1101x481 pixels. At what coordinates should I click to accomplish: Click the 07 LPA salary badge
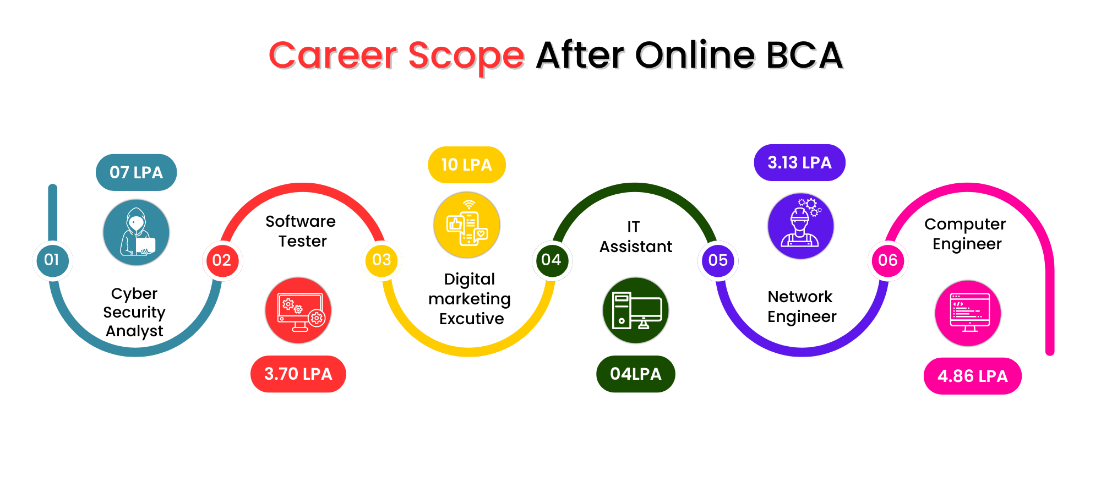[136, 172]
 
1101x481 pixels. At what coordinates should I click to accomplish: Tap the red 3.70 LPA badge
[298, 374]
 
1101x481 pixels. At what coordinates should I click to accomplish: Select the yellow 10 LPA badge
[467, 165]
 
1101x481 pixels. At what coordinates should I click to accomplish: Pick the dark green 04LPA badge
[636, 374]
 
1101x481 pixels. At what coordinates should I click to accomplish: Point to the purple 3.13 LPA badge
[799, 162]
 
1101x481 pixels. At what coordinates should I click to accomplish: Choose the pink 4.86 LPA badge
[973, 376]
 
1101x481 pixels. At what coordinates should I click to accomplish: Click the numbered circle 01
[52, 260]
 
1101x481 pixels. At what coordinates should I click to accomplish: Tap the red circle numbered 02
[222, 260]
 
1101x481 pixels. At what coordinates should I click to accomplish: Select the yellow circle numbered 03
[381, 260]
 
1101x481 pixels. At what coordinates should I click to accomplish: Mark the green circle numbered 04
[552, 260]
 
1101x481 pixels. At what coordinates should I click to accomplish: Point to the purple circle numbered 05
[718, 260]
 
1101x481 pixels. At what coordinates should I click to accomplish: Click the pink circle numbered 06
[887, 260]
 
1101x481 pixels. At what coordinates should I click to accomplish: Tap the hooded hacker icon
[136, 232]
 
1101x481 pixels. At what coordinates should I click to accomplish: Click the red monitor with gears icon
[298, 310]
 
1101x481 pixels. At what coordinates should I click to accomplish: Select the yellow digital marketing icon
[467, 225]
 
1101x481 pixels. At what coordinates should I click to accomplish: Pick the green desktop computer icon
[636, 310]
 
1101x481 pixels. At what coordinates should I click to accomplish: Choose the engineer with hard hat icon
[800, 226]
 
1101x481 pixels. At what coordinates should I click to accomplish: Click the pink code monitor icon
[968, 313]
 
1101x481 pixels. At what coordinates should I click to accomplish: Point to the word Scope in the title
[466, 56]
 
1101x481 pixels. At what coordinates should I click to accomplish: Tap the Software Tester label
[301, 231]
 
